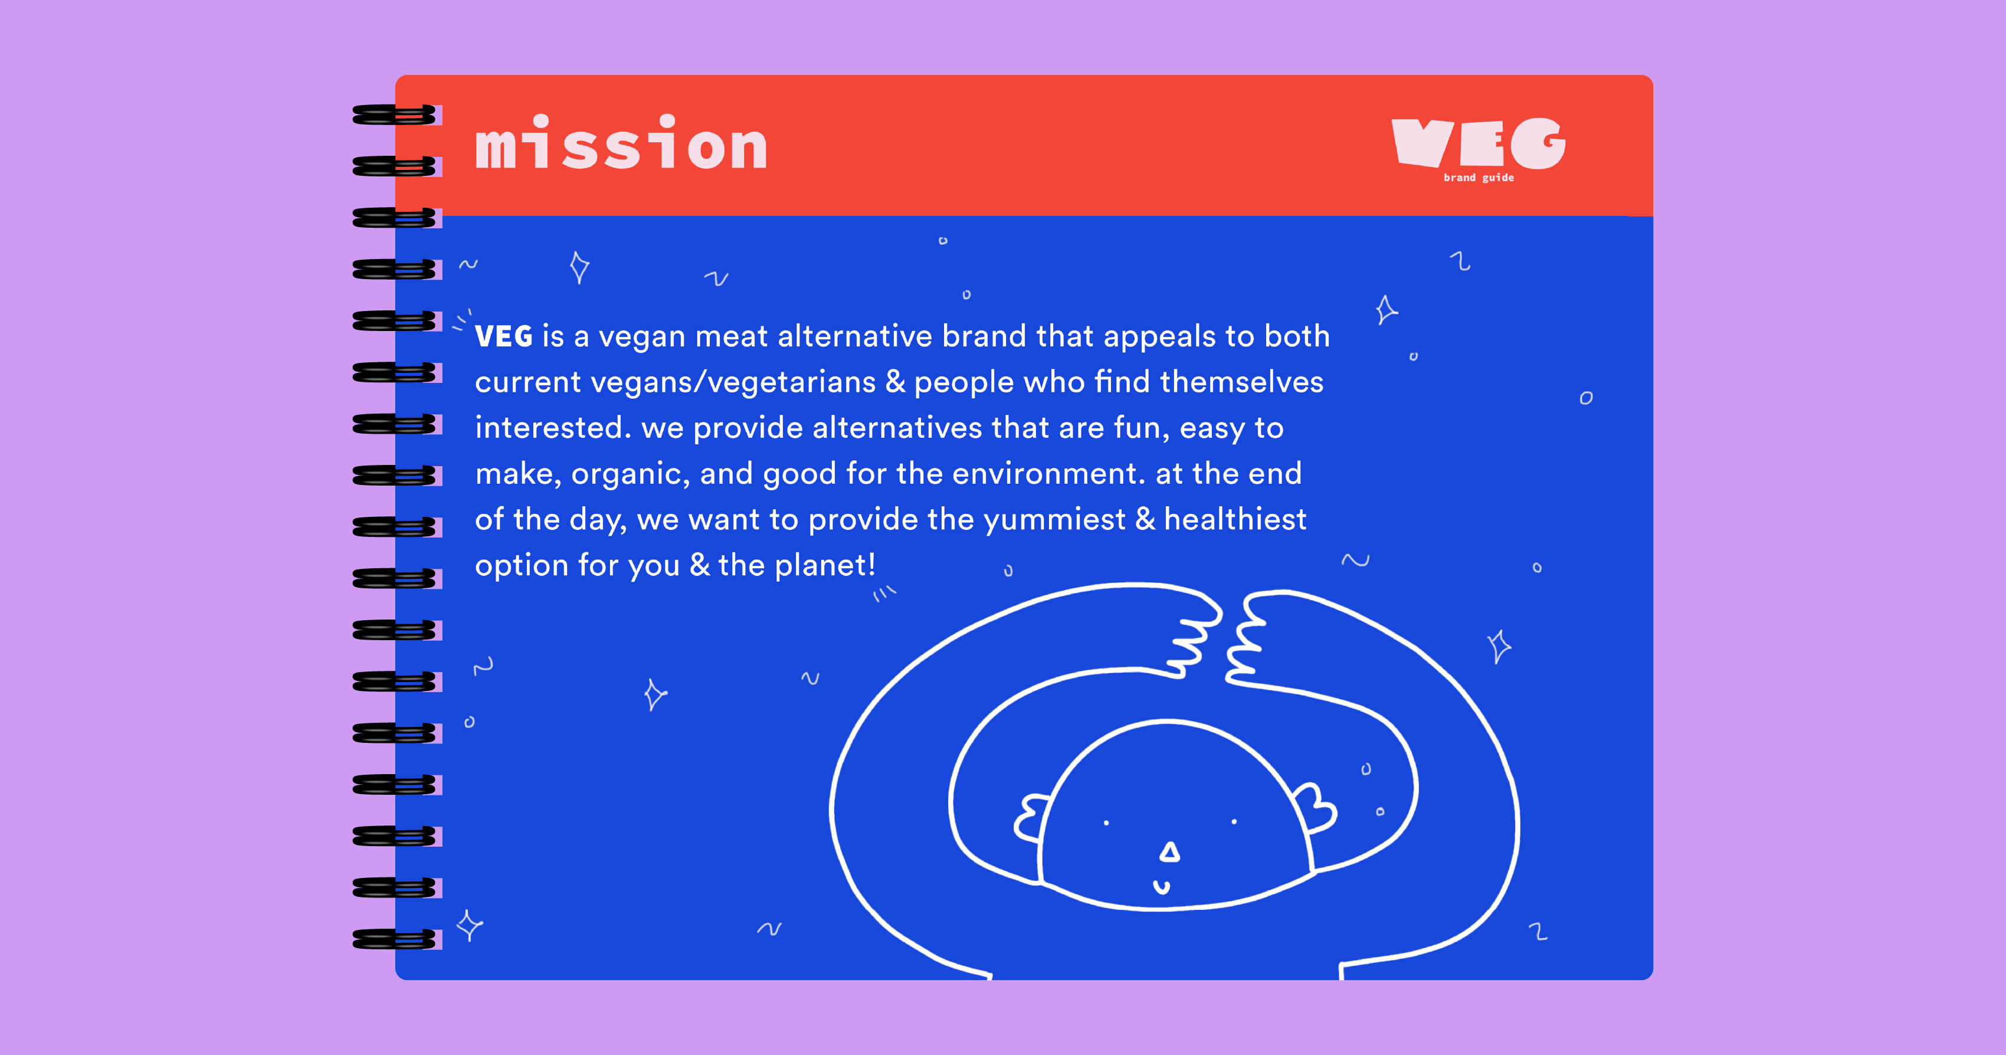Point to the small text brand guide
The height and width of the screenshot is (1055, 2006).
[1479, 178]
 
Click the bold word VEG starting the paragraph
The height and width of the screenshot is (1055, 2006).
[504, 336]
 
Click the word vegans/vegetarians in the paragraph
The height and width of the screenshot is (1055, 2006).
[733, 382]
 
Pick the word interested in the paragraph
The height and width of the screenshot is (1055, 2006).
[553, 427]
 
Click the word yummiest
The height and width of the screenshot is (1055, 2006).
[1054, 520]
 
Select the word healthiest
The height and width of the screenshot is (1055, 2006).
[1235, 519]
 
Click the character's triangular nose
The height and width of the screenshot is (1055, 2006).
[1169, 852]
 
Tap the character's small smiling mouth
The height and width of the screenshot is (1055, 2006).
[1162, 887]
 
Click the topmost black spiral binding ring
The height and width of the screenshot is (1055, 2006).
[394, 114]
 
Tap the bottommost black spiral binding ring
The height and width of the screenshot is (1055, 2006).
[394, 939]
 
